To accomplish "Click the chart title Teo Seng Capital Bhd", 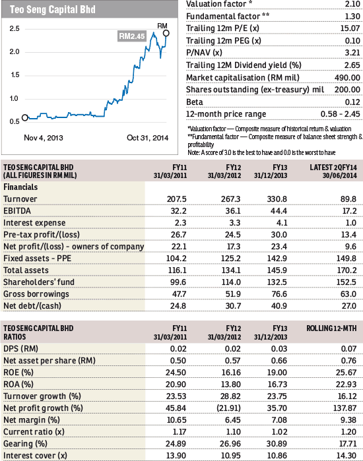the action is (53, 9).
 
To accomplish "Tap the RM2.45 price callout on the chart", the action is (132, 36).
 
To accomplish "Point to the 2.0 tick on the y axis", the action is (15, 51).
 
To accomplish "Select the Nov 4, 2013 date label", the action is (44, 138).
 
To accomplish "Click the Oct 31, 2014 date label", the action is (148, 138).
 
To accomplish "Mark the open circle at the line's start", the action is (25, 117).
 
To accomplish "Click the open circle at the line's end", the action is (166, 33).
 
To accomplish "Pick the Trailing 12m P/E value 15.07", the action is (350, 28).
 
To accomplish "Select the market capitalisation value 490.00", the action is (347, 78).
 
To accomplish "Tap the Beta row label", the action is (195, 102).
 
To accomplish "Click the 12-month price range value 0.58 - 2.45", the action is (341, 114).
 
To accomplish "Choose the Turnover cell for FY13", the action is (277, 199).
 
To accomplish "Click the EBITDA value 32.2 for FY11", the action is (179, 211).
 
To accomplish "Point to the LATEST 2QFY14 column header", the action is (333, 171).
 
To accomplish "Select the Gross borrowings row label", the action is (36, 294).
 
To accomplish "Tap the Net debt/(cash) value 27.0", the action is (349, 306).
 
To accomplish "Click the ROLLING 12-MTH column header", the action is (331, 328).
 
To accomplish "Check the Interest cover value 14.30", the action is (346, 456).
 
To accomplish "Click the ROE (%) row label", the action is (18, 373).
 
